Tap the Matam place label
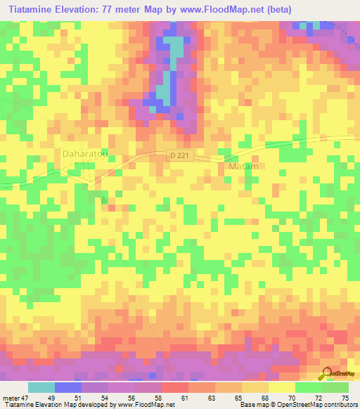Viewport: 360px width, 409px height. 244,167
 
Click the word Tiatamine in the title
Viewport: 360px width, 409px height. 34,9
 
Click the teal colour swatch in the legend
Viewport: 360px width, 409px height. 41,387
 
